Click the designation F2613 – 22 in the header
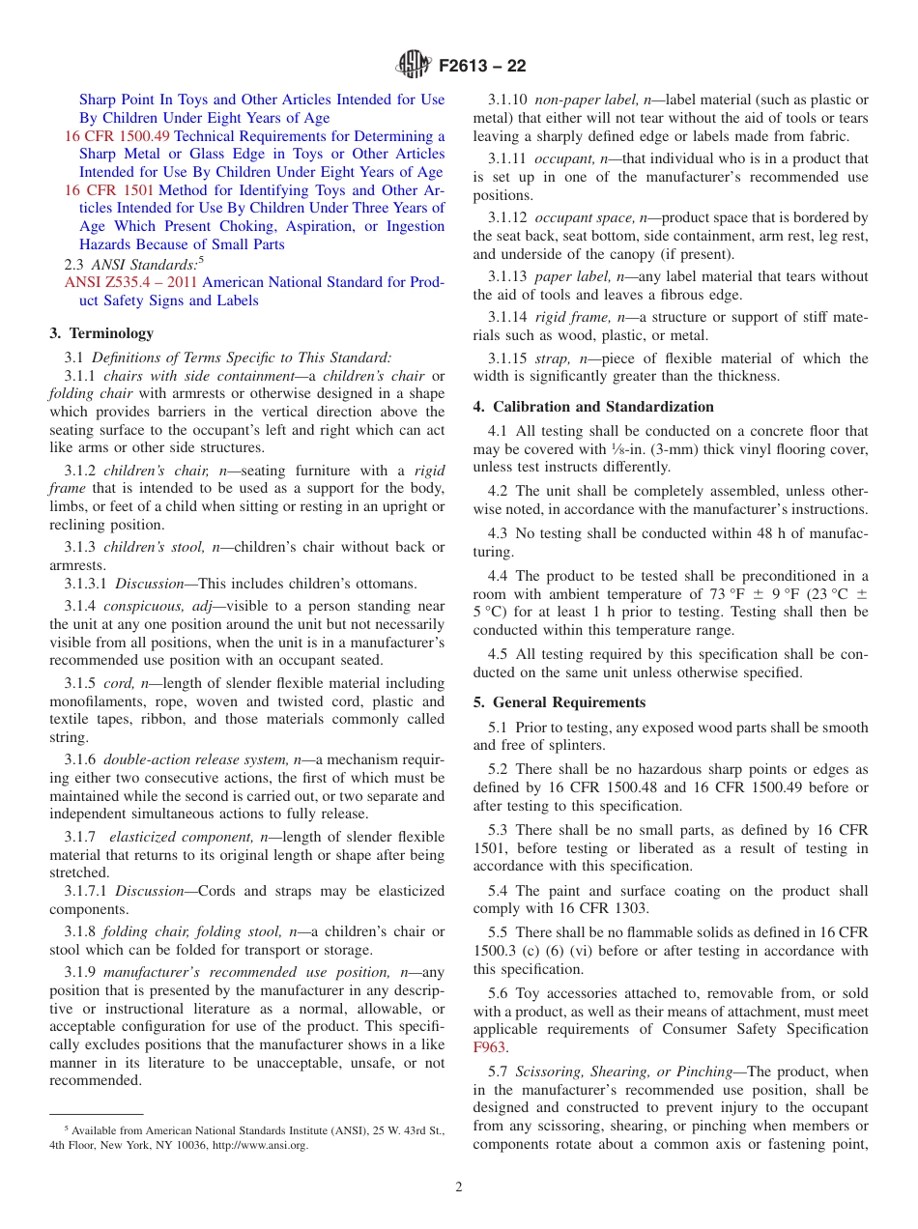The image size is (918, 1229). [x=482, y=67]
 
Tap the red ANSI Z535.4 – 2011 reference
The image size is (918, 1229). [x=131, y=283]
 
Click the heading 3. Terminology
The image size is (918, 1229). [x=101, y=333]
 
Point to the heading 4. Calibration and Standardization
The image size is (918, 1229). [x=593, y=407]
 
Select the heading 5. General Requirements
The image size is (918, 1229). [x=559, y=702]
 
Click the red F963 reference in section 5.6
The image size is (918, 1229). [x=489, y=1047]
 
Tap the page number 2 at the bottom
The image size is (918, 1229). [x=459, y=1187]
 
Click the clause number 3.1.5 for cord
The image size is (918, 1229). [x=80, y=684]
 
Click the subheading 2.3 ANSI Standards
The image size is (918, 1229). [x=132, y=264]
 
